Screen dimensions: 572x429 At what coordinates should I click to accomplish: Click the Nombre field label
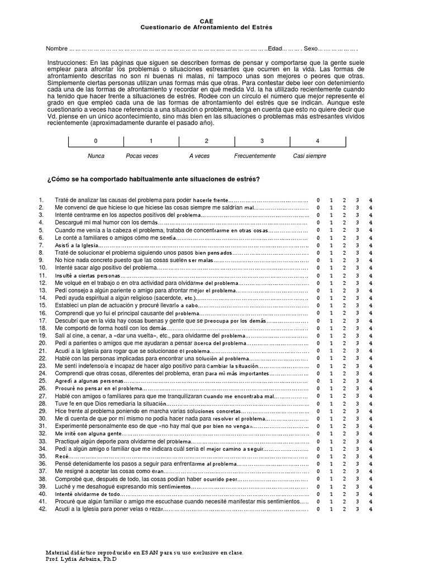tap(56, 49)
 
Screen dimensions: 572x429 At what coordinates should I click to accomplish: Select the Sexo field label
tap(312, 49)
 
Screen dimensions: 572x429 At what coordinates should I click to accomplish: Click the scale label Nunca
tap(96, 156)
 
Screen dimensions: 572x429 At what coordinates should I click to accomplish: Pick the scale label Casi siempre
tap(309, 156)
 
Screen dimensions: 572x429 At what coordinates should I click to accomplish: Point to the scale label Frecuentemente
tap(255, 156)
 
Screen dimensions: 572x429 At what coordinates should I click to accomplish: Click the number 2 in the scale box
tap(207, 141)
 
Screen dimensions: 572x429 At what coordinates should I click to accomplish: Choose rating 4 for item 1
tap(371, 200)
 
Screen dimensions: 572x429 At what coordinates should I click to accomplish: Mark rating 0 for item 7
tap(318, 245)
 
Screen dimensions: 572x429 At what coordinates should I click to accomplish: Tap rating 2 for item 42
tap(344, 509)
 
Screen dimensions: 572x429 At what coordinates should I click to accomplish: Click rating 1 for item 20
tap(331, 344)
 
